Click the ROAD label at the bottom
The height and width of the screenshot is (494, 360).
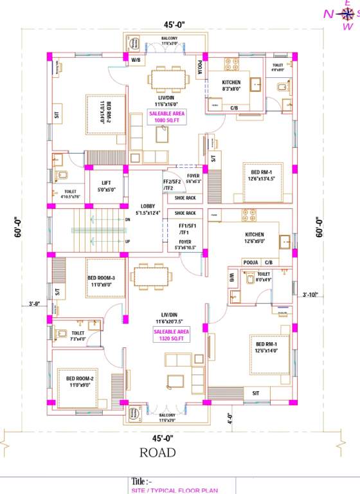tap(157, 453)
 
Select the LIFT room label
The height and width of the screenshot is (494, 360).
tap(104, 186)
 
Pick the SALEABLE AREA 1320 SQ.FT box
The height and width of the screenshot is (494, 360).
tap(170, 335)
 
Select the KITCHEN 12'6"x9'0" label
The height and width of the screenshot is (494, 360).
tap(254, 237)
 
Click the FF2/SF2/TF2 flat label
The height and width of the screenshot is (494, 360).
tap(172, 185)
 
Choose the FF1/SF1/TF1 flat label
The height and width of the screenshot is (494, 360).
tap(187, 230)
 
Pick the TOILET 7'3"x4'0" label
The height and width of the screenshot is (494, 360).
tap(77, 336)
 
